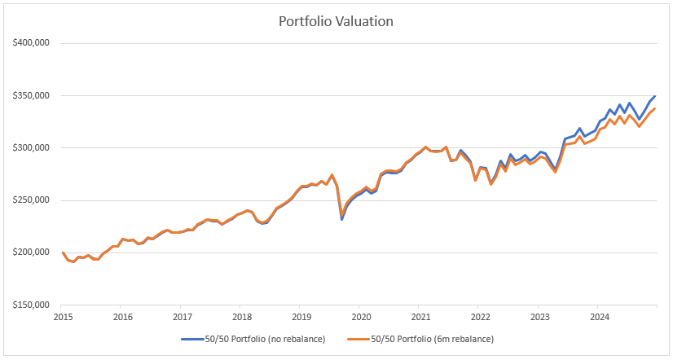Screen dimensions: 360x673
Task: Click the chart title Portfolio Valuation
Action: click(336, 21)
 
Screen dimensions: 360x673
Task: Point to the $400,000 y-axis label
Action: click(30, 43)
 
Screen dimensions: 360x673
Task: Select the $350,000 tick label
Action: click(30, 95)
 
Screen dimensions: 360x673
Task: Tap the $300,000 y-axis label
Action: click(30, 148)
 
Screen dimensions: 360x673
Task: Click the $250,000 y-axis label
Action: click(30, 200)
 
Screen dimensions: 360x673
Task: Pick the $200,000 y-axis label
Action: click(30, 252)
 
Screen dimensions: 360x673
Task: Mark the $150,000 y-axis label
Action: click(30, 305)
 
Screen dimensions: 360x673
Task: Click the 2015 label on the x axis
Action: click(63, 316)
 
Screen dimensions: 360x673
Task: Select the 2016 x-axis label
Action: click(122, 316)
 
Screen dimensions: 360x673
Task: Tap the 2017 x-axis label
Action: click(182, 316)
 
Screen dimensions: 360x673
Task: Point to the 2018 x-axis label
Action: click(241, 316)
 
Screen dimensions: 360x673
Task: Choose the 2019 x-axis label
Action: click(301, 316)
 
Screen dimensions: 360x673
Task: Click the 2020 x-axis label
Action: click(361, 316)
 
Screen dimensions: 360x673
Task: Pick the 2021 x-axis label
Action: click(420, 316)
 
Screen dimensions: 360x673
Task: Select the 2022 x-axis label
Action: click(480, 316)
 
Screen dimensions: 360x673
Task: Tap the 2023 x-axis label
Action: click(539, 316)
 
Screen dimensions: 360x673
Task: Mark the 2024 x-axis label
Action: click(599, 316)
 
